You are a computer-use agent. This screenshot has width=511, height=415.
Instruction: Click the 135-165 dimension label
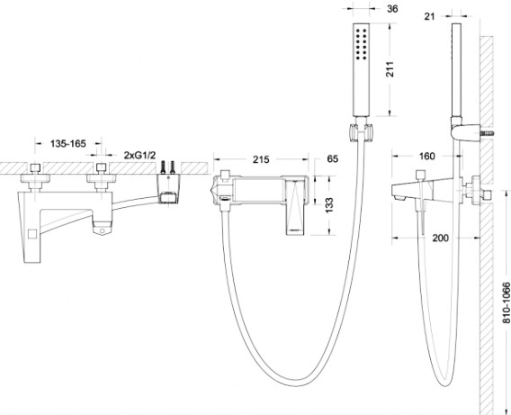coord(68,143)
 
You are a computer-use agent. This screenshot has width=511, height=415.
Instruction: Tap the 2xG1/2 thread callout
coord(139,155)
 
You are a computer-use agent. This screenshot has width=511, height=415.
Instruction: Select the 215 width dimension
coord(261,159)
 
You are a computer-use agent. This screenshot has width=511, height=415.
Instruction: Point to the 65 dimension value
coord(332,158)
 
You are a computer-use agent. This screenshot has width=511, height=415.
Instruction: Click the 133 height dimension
coord(329,205)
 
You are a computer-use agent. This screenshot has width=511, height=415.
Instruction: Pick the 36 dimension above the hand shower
coord(392,9)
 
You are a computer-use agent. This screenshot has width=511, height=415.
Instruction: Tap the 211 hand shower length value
coord(390,69)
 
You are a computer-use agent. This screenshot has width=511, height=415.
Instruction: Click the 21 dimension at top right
coord(429,16)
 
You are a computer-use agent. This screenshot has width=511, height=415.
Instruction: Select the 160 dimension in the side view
coord(426,156)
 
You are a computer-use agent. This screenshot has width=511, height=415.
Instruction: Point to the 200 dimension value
coord(440,238)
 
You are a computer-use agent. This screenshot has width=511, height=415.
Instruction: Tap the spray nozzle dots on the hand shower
coord(362,44)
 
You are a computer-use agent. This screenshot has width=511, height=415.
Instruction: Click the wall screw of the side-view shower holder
coord(487,133)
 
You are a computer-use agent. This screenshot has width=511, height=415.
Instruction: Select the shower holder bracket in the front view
coord(360,133)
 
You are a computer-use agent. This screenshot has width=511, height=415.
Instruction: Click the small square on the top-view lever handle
coord(32,234)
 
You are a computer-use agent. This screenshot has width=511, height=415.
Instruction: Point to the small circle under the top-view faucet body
coord(102,230)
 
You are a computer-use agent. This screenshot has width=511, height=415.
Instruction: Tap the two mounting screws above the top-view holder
coord(168,167)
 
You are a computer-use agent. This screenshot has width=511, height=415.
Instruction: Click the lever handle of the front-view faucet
coord(297,205)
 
